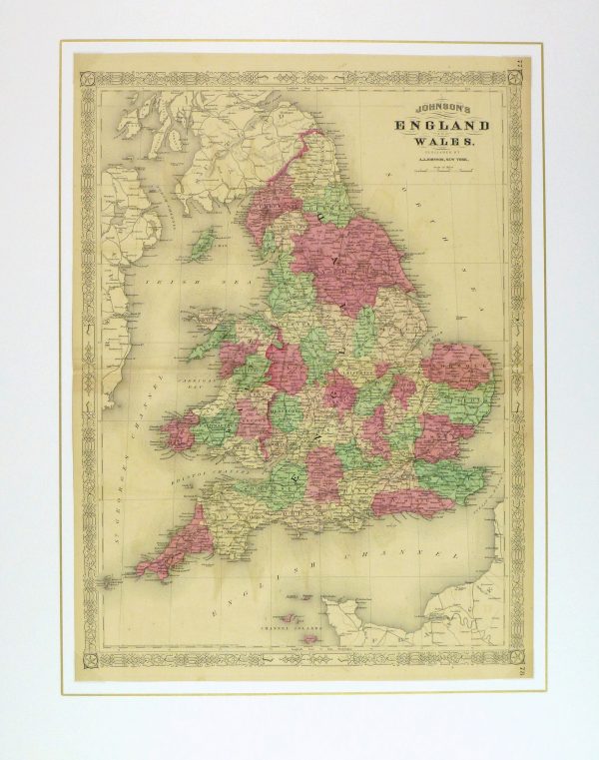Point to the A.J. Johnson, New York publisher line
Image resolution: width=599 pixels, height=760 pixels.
pos(437,162)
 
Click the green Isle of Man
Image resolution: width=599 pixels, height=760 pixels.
pos(203,241)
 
